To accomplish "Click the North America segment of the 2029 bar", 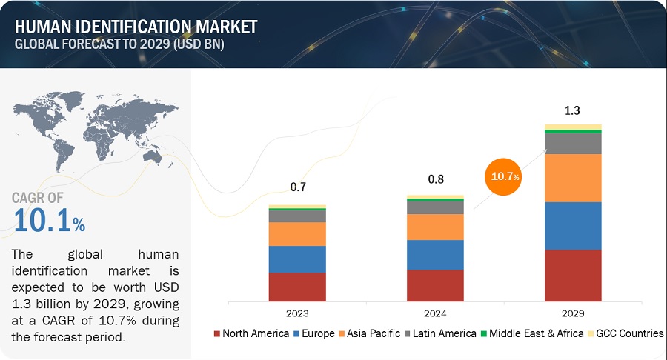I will [x=573, y=276].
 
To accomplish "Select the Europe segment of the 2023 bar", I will [x=297, y=259].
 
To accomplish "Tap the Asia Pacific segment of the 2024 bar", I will [x=435, y=227].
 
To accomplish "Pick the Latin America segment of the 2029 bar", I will [x=573, y=143].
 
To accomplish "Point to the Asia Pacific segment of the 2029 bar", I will [x=573, y=178].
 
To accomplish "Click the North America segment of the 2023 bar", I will [x=297, y=287].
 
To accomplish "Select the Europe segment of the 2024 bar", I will [x=435, y=255].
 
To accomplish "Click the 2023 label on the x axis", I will [x=297, y=312].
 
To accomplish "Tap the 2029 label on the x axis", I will [x=573, y=312].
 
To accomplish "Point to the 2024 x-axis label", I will [x=435, y=312].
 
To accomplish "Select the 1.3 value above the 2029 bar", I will [x=573, y=110].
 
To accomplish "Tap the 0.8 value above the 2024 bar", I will [x=435, y=180].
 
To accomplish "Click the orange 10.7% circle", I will [x=503, y=176].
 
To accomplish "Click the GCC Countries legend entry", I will [x=626, y=333].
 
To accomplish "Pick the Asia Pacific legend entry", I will [x=369, y=333].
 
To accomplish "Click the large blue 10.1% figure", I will [x=49, y=220].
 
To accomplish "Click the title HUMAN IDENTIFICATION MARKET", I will [x=136, y=27].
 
